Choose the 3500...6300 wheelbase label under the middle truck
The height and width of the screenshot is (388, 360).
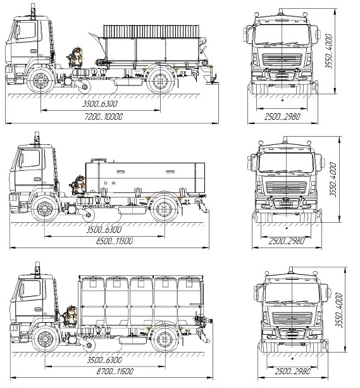pyautogui.click(x=101, y=230)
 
